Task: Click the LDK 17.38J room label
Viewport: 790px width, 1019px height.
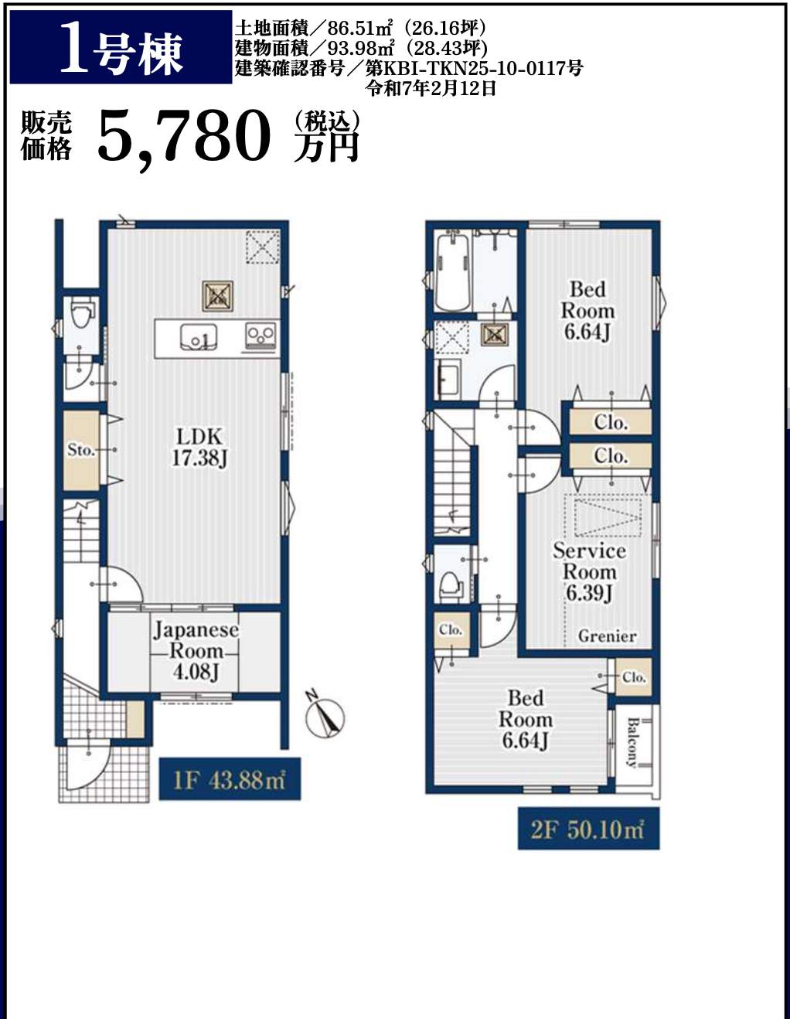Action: [199, 448]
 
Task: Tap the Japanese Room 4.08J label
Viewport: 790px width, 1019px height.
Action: [196, 651]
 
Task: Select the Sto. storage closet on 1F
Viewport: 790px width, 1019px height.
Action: [82, 450]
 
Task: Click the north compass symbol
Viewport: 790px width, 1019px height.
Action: [325, 717]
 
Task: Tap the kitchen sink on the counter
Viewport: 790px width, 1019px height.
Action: [199, 336]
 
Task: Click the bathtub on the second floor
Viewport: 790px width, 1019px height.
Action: [452, 272]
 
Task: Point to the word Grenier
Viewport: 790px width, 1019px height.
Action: [607, 636]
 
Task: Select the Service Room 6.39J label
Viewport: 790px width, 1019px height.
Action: [589, 572]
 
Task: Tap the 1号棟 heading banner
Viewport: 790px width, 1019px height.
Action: [121, 47]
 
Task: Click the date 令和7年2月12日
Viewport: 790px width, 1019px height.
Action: [431, 88]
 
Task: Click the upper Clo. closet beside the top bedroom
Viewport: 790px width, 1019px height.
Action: [611, 422]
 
